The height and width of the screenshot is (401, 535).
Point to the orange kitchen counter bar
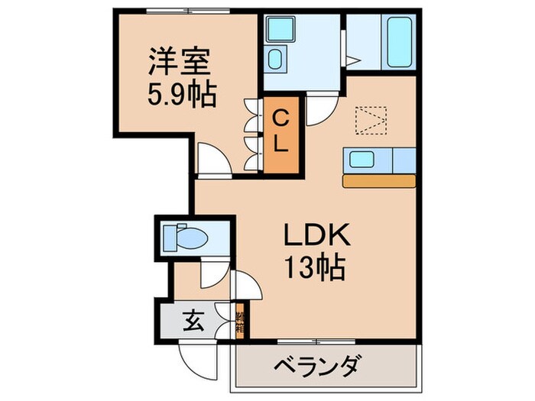[379, 181]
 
